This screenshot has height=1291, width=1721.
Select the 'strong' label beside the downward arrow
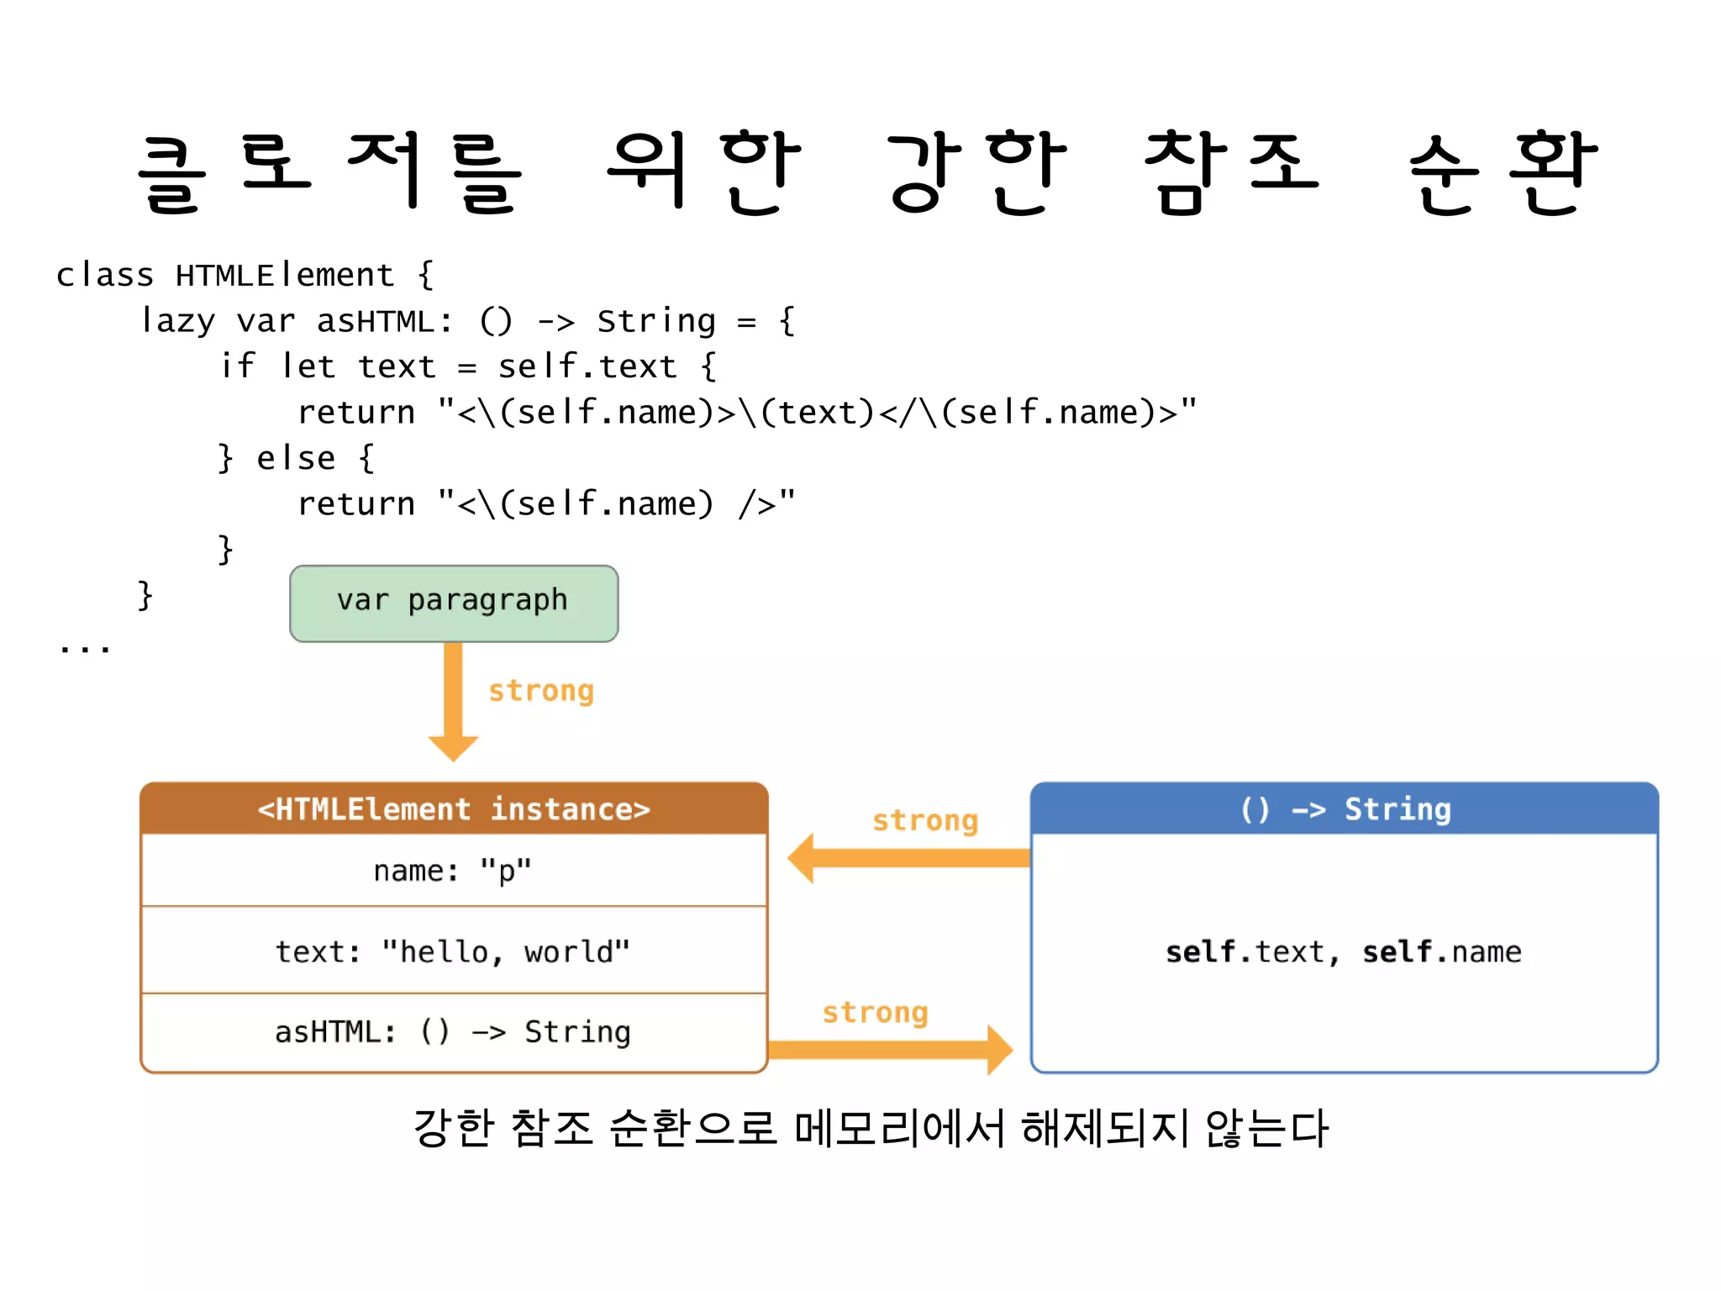pos(541,691)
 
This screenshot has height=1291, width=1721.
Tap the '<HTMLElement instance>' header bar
pos(454,809)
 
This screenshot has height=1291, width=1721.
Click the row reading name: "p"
pos(454,871)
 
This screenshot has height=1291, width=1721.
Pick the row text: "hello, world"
pos(454,951)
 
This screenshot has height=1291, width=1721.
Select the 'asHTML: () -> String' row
pos(454,1031)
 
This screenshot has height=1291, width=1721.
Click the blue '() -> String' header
pos(1345,809)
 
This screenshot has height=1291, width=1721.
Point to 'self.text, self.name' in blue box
pos(1343,951)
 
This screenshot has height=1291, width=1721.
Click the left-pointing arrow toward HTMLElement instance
pos(908,858)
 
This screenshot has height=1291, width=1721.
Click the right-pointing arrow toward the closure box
pos(891,1050)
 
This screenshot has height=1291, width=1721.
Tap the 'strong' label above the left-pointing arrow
pos(925,820)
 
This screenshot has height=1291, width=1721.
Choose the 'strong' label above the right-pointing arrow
pos(875,1012)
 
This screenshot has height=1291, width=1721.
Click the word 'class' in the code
pos(105,275)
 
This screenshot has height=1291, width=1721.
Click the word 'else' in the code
pos(296,458)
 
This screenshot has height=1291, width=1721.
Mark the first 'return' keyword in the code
pos(356,413)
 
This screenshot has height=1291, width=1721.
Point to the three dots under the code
pos(85,648)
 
